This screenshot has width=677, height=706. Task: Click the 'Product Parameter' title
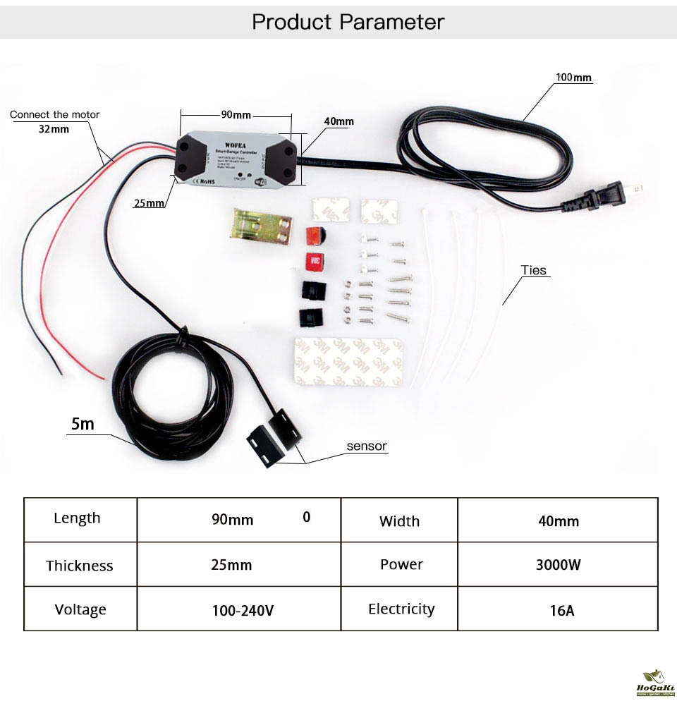pyautogui.click(x=348, y=21)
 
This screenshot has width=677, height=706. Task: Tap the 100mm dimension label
pyautogui.click(x=573, y=77)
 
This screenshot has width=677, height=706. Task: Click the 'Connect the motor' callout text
pyautogui.click(x=55, y=114)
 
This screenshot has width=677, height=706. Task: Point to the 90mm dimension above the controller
pyautogui.click(x=236, y=114)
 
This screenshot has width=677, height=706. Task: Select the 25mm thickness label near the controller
pyautogui.click(x=149, y=203)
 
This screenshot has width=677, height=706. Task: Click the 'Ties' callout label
pyautogui.click(x=534, y=270)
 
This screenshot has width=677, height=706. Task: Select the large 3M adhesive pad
pyautogui.click(x=349, y=362)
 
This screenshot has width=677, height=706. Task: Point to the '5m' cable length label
pyautogui.click(x=83, y=424)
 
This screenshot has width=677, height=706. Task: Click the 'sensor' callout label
pyautogui.click(x=367, y=446)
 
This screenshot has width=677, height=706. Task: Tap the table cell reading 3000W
pyautogui.click(x=558, y=565)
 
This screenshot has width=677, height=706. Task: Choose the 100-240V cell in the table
pyautogui.click(x=243, y=610)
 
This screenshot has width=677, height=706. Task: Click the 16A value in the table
pyautogui.click(x=561, y=610)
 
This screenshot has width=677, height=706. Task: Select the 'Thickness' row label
pyautogui.click(x=80, y=566)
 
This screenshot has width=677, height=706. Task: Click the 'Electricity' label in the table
pyautogui.click(x=401, y=609)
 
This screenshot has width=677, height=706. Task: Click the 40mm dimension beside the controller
pyautogui.click(x=338, y=121)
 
